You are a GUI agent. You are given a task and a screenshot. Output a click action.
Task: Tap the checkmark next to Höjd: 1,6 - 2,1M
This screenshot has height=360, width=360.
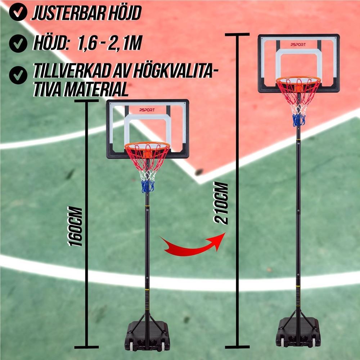click(18, 44)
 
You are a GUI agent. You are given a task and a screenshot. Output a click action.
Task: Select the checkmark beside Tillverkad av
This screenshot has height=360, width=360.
click(18, 75)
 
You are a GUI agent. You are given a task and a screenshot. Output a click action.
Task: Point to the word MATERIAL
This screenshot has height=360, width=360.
click(96, 89)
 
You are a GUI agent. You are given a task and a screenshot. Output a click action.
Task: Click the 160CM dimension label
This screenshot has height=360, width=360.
click(75, 226)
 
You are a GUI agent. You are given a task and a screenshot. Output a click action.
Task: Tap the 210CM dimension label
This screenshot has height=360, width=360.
click(221, 203)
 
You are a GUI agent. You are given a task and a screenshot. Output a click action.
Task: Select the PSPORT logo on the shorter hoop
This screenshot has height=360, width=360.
click(147, 110)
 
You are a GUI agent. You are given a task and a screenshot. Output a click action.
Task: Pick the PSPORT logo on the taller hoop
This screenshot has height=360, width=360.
click(298, 45)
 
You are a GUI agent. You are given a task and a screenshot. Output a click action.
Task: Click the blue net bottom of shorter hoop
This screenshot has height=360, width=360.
click(148, 186)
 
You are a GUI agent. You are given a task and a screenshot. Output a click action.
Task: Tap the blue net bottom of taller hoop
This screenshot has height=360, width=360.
click(299, 120)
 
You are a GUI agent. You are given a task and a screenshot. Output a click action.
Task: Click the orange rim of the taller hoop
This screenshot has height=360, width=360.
click(298, 80)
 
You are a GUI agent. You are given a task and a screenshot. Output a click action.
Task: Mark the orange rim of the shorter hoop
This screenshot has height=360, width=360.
click(147, 145)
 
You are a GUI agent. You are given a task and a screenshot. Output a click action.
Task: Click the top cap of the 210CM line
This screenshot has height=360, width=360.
click(237, 35)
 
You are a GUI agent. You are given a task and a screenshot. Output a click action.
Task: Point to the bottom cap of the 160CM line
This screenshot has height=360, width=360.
click(86, 347)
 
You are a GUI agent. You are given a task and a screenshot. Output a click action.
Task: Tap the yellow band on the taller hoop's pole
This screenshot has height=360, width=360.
click(298, 287)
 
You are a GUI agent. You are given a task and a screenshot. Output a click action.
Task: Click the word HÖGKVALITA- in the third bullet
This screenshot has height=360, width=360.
click(176, 72)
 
